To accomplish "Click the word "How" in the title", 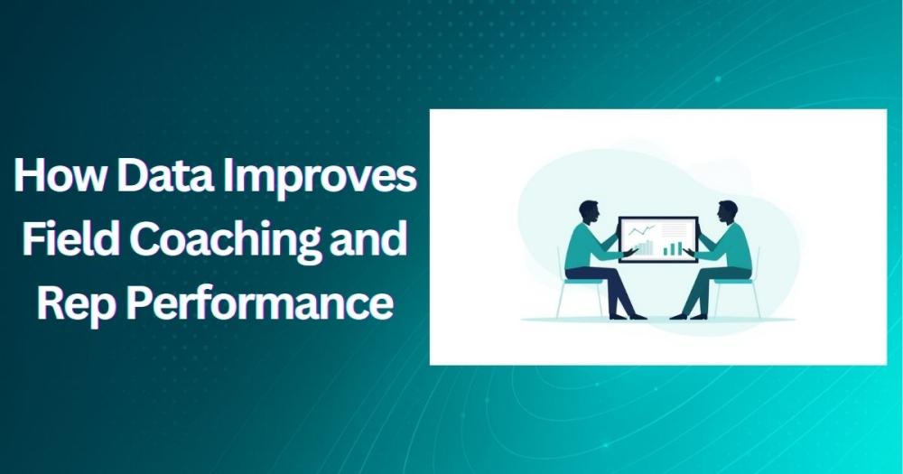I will [57, 177].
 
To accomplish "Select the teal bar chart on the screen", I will [673, 246].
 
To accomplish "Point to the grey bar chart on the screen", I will [644, 247].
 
